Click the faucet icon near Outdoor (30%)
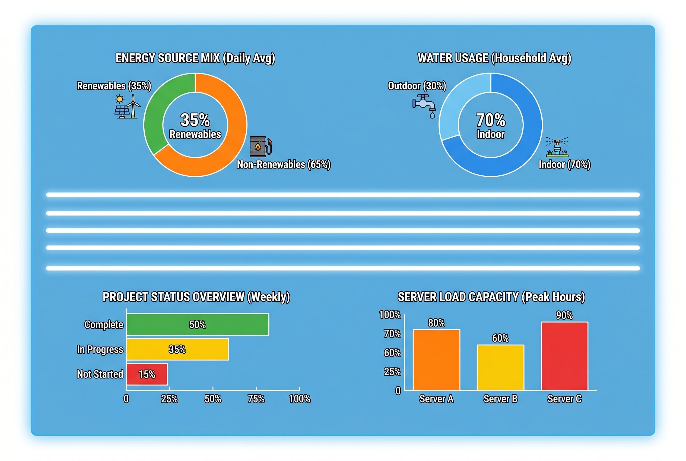[424, 105]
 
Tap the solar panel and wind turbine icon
[127, 107]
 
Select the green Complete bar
[198, 324]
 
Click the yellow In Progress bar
[177, 349]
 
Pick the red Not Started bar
[147, 374]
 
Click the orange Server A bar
[436, 360]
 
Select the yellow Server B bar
[500, 367]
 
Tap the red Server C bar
[564, 356]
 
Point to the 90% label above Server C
[564, 315]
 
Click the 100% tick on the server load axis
[390, 315]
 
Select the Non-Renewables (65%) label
[284, 164]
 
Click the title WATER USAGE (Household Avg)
[494, 58]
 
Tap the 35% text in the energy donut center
[195, 120]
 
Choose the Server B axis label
[500, 399]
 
